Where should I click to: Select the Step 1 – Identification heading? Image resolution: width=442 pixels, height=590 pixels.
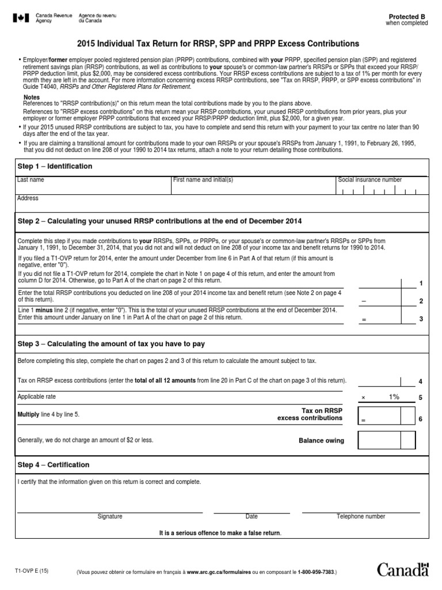(x=55, y=167)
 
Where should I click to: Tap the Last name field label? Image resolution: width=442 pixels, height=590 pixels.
(x=31, y=180)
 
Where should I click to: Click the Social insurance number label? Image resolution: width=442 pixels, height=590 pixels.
(x=370, y=180)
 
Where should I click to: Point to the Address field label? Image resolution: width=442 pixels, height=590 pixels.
(x=28, y=198)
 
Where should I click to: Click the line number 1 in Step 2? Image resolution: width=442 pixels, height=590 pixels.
(x=421, y=283)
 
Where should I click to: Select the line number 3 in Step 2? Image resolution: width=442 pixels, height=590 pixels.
(x=421, y=319)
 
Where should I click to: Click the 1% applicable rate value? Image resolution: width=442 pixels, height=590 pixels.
(x=394, y=397)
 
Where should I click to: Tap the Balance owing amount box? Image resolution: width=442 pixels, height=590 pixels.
(x=386, y=440)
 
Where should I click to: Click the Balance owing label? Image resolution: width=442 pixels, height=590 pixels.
(x=321, y=441)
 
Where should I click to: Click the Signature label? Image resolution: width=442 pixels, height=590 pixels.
(x=110, y=517)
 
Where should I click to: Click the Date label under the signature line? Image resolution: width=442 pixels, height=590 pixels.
(x=252, y=517)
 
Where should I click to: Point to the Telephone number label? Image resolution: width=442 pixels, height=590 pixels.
(x=361, y=517)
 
